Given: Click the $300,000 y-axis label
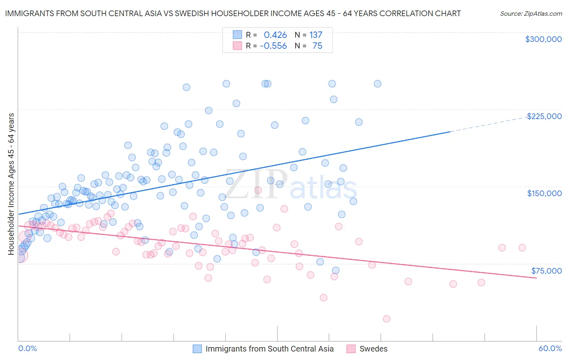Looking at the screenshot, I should pos(543,39).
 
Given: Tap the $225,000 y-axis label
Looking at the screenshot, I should pos(544,116).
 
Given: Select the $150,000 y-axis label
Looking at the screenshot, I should pos(544,193).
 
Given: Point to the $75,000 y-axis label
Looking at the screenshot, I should pos(546,271).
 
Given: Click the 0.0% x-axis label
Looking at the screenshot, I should pos(27,349).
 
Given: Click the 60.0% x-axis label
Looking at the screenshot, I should pos(550,349).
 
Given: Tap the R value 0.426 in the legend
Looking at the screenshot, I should pos(275,35).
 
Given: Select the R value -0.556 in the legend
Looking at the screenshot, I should pos(273,46).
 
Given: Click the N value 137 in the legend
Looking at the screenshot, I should pos(316,35).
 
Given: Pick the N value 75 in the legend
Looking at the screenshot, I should pos(317,46).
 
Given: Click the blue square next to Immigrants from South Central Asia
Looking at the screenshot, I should pos(197,349).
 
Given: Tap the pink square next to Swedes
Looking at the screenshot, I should pos(351,349).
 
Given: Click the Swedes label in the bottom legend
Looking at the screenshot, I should pos(373,349).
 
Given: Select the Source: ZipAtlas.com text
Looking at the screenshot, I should pos(531,14).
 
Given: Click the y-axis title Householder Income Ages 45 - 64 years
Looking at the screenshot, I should pos(11,184).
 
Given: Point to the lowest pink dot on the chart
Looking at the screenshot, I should pos(386,319).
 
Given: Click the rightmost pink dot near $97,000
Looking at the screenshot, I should pos(522,248).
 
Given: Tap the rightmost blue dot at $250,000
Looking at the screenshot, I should pos(377,84).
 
